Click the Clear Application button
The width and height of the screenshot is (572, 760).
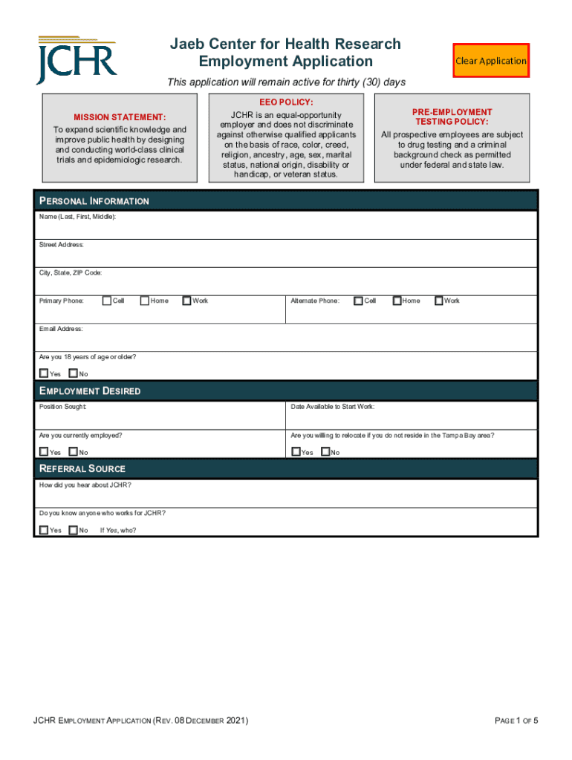coord(491,61)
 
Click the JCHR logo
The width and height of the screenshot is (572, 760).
coord(77,60)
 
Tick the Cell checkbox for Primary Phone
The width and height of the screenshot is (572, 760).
coord(107,301)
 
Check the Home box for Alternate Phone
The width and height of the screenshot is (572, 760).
coord(397,301)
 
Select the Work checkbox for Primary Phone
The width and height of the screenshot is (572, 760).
coord(186,301)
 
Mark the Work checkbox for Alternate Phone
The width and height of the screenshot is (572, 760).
coord(439,301)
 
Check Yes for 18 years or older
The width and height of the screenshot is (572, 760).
coord(44,373)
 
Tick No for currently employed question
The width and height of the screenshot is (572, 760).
coord(73,451)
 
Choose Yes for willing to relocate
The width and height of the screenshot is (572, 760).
coord(296,451)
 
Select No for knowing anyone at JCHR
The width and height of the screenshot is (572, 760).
coord(73,530)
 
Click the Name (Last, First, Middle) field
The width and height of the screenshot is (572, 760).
coord(286,229)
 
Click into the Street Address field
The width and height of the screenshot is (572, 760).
coord(286,257)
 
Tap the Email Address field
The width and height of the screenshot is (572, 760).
coord(286,341)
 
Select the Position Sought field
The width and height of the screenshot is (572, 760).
coord(160,419)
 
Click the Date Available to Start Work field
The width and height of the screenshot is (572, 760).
coord(412,419)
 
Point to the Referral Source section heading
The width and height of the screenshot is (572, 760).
coord(82,469)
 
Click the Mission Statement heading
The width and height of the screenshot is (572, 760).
coord(120,117)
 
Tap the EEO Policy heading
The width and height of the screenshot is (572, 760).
coord(286,102)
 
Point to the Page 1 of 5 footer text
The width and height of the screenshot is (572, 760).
coord(516,721)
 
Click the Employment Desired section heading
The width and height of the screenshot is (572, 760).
coord(90,391)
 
